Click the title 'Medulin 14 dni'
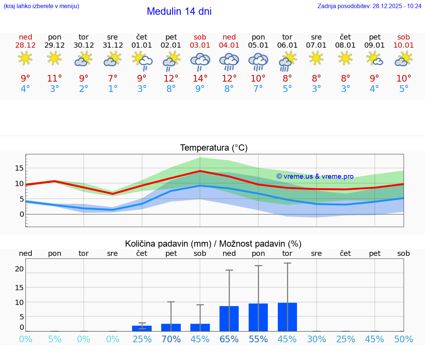pyautogui.click(x=179, y=11)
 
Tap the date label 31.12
pyautogui.click(x=113, y=45)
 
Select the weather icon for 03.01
pyautogui.click(x=200, y=61)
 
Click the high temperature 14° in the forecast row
pyautogui.click(x=200, y=78)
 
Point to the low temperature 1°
pyautogui.click(x=113, y=89)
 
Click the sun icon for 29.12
pyautogui.click(x=55, y=58)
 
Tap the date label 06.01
pyautogui.click(x=287, y=45)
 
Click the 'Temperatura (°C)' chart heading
pyautogui.click(x=214, y=148)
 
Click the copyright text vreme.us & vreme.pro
pyautogui.click(x=315, y=176)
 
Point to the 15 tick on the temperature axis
pyautogui.click(x=19, y=168)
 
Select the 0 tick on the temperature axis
pyautogui.click(x=22, y=214)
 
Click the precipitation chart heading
pyautogui.click(x=213, y=244)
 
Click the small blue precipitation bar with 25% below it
pyautogui.click(x=142, y=328)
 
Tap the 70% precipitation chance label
pyautogui.click(x=171, y=339)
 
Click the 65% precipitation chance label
pyautogui.click(x=229, y=339)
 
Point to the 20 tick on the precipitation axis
pyautogui.click(x=19, y=269)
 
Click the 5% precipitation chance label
pyautogui.click(x=55, y=339)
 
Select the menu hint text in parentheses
pyautogui.click(x=41, y=6)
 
